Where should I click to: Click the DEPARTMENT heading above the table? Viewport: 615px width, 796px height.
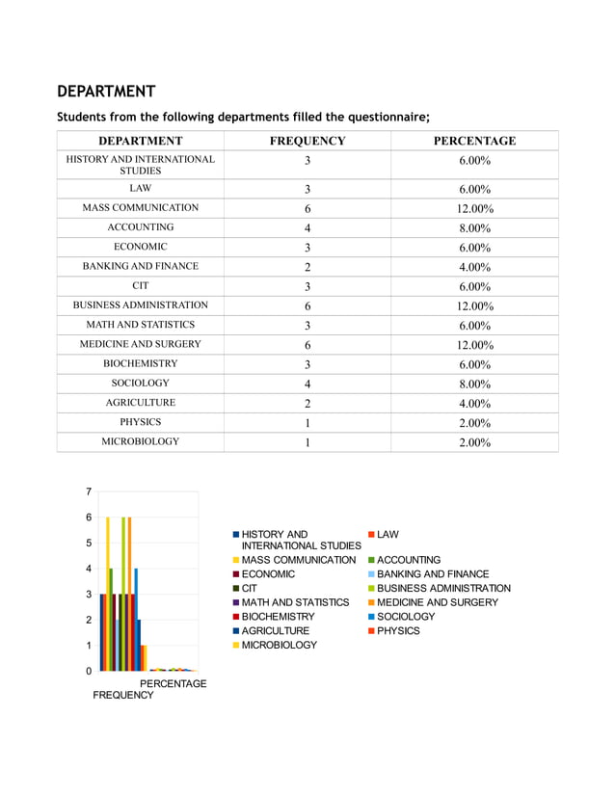[x=106, y=92]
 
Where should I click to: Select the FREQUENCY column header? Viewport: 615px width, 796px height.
[x=307, y=141]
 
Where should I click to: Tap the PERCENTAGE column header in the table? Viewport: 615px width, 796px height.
[x=474, y=141]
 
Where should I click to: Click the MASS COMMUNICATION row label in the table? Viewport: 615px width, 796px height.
[x=140, y=208]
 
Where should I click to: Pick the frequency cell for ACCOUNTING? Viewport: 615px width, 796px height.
[x=307, y=228]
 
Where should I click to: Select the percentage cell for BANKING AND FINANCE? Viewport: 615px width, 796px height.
[x=474, y=267]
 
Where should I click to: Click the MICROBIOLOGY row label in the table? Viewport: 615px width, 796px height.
[x=140, y=441]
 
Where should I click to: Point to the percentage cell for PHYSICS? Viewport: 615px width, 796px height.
[x=474, y=423]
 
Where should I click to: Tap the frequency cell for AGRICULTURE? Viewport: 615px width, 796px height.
[x=307, y=404]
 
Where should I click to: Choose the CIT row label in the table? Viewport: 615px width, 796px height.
[x=140, y=286]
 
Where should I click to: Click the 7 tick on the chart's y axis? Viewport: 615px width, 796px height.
[x=89, y=491]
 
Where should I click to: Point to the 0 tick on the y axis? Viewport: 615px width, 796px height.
[x=89, y=671]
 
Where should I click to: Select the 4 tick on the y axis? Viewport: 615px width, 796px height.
[x=89, y=569]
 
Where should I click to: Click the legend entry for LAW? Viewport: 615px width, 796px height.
[x=388, y=534]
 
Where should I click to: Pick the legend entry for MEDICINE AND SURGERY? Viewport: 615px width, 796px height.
[x=437, y=602]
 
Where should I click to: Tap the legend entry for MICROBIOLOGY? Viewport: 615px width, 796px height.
[x=279, y=645]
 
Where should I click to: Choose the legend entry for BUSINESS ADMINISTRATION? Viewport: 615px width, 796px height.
[x=443, y=588]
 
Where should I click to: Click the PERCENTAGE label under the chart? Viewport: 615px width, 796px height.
[x=174, y=683]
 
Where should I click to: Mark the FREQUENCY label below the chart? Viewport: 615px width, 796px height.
[x=122, y=695]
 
